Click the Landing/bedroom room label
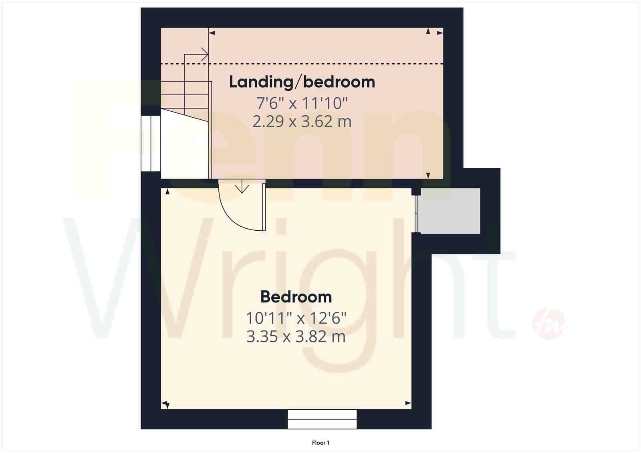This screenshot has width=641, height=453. click(x=302, y=82)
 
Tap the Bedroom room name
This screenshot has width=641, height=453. click(x=296, y=297)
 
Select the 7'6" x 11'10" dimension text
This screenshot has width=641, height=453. click(x=302, y=103)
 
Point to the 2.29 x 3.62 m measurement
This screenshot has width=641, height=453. click(x=302, y=121)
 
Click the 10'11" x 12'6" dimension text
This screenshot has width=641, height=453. click(x=296, y=318)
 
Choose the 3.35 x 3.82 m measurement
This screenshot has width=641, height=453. click(x=296, y=336)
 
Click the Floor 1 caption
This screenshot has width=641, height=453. click(x=320, y=443)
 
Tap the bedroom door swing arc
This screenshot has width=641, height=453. click(x=230, y=218)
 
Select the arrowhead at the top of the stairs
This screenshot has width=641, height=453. click(x=205, y=54)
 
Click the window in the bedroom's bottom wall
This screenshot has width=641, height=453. click(x=322, y=419)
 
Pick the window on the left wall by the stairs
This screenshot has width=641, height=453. click(x=151, y=143)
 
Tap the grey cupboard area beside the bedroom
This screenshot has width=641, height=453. click(x=450, y=211)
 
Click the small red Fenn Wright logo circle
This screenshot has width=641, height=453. click(x=548, y=323)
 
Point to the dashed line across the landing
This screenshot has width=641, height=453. click(x=302, y=64)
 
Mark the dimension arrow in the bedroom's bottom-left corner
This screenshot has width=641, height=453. click(x=166, y=405)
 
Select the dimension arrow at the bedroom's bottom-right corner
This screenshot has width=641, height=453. click(x=408, y=403)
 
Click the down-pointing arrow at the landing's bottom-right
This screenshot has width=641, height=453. click(x=428, y=175)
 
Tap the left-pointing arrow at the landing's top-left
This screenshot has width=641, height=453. click(x=212, y=33)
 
